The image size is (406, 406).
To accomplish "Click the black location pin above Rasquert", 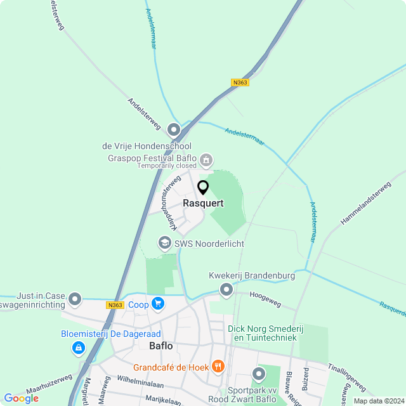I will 203,188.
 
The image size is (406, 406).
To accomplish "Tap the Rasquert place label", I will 203,204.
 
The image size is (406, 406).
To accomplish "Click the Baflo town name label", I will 160,346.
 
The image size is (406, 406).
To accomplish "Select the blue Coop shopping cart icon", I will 158,304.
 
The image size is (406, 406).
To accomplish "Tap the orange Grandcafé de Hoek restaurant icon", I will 218,366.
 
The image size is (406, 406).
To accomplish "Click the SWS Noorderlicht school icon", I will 164,243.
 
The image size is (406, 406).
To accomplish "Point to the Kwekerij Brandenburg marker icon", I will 226,290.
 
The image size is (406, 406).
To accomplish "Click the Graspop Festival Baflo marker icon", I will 206,159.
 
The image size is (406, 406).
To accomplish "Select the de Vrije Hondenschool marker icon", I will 174,131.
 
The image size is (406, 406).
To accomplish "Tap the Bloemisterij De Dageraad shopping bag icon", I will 78,347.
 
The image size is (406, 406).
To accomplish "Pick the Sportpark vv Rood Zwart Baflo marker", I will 258,374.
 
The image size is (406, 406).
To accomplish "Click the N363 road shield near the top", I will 240,82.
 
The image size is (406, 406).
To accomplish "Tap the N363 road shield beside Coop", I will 115,305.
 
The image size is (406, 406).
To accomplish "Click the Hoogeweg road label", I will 265,295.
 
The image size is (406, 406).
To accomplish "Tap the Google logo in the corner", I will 21,398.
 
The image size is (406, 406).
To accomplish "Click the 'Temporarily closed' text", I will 167,166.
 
